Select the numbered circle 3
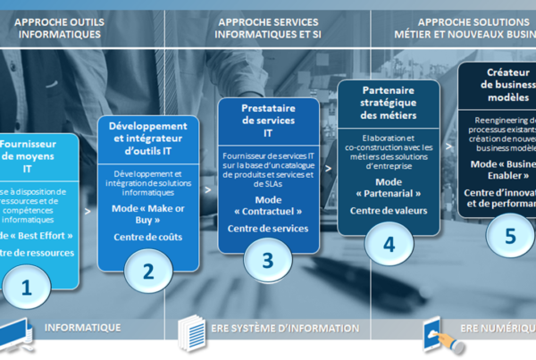pyautogui.click(x=268, y=260)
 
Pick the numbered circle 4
pyautogui.click(x=389, y=242)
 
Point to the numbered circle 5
pyautogui.click(x=510, y=235)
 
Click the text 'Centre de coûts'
pyautogui.click(x=147, y=237)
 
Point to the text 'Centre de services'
pyautogui.click(x=268, y=229)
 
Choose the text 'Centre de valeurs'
pyautogui.click(x=389, y=211)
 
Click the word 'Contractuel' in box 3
pyautogui.click(x=268, y=212)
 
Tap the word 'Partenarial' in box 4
pyautogui.click(x=389, y=194)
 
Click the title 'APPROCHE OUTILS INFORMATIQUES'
pyautogui.click(x=58, y=28)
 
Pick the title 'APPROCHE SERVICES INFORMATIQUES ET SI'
pyautogui.click(x=267, y=28)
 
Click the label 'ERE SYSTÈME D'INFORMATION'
pyautogui.click(x=278, y=328)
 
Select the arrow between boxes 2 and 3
pyautogui.click(x=208, y=189)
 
